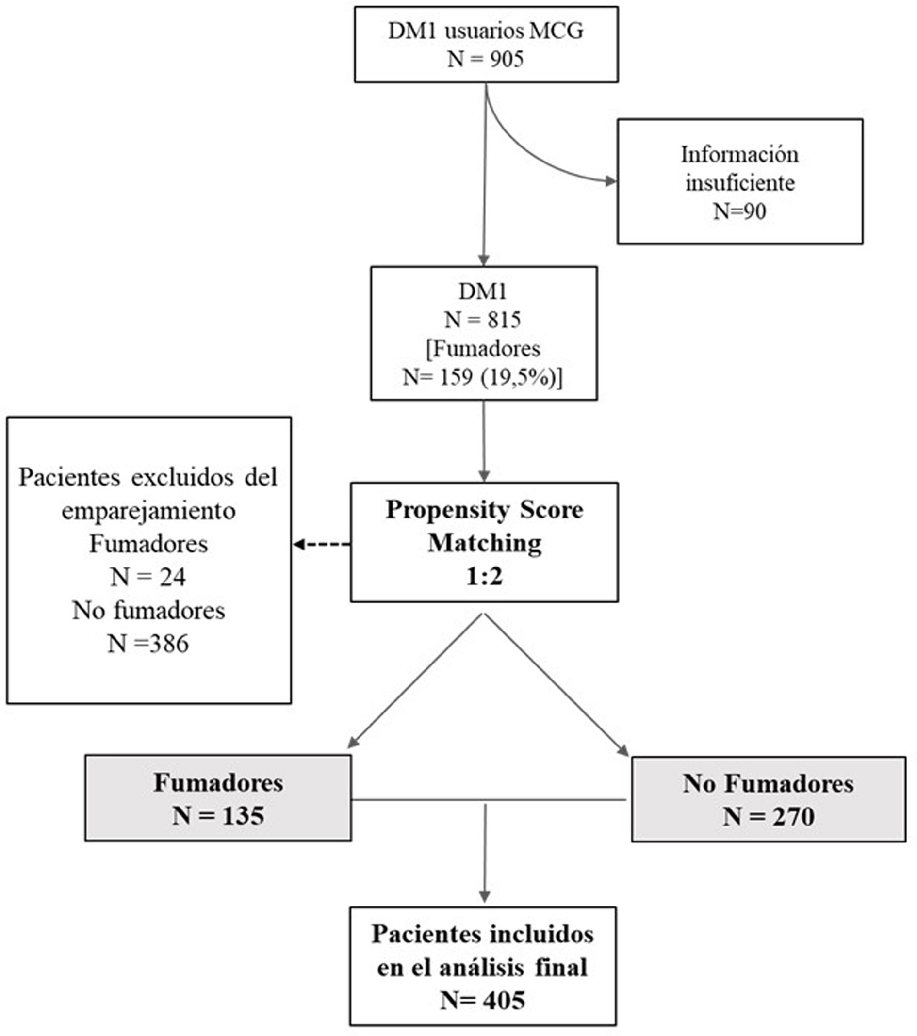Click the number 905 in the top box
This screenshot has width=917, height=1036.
tap(507, 60)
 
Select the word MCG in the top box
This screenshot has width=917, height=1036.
tap(556, 32)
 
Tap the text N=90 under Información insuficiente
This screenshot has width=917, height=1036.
tap(739, 211)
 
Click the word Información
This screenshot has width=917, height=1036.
tap(739, 155)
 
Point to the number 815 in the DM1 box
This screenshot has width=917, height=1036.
tap(505, 320)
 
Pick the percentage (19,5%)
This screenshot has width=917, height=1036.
tap(522, 378)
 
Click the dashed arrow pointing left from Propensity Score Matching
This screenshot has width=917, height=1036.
tap(321, 544)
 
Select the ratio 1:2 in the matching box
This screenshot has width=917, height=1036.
tap(484, 576)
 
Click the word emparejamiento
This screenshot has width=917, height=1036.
tap(148, 511)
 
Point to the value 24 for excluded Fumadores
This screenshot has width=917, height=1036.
tap(173, 577)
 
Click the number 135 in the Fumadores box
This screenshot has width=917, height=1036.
tap(243, 816)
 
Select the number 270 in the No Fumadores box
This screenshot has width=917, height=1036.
tap(793, 817)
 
